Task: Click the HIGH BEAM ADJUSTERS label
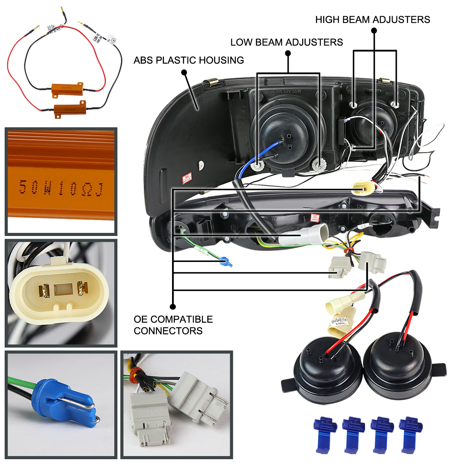click(372, 20)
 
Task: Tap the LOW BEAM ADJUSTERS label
click(286, 42)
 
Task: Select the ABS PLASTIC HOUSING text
click(189, 60)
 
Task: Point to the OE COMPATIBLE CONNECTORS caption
click(173, 325)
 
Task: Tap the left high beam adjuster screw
click(353, 104)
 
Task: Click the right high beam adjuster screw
click(395, 104)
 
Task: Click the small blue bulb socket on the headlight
click(226, 263)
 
